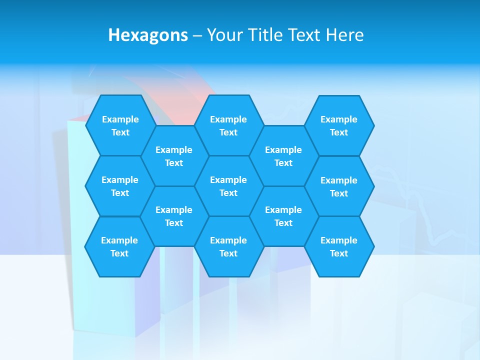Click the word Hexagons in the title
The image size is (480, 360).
[148, 35]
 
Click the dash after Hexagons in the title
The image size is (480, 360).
[197, 35]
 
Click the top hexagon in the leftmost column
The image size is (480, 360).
[120, 125]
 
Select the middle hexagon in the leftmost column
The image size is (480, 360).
[120, 186]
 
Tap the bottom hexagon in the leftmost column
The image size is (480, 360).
[119, 246]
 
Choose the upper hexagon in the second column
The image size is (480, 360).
[174, 156]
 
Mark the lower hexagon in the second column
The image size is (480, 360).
[174, 216]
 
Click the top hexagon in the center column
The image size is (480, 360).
[228, 125]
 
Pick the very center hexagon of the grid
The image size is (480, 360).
[228, 186]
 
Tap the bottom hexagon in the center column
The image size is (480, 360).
[228, 246]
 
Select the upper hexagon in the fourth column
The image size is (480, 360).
[283, 156]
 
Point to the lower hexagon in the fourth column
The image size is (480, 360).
[283, 216]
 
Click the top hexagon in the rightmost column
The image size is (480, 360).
[339, 125]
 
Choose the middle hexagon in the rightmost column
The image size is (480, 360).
[339, 186]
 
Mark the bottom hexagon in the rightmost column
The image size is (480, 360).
[339, 246]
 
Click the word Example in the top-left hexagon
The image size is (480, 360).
[120, 119]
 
